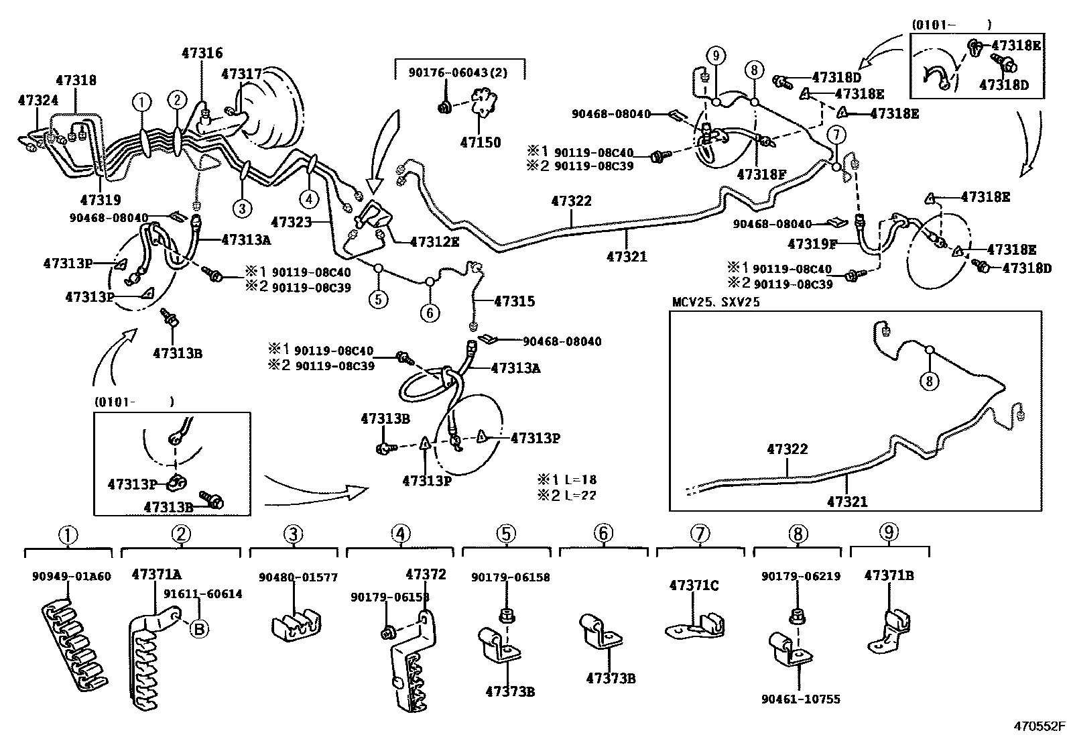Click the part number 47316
[202, 53]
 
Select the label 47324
[38, 101]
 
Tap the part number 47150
[480, 142]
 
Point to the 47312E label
[434, 241]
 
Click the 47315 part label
[514, 301]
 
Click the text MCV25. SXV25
[716, 302]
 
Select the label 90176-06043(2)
[458, 72]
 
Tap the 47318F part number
[761, 174]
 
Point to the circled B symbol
[199, 628]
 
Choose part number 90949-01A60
[71, 576]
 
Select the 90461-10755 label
[800, 699]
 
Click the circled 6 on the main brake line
[430, 312]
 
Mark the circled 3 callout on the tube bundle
[242, 208]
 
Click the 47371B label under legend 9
[889, 575]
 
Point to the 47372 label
[426, 575]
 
